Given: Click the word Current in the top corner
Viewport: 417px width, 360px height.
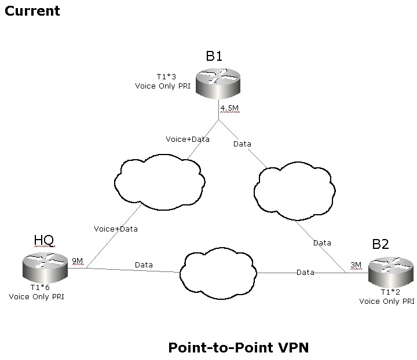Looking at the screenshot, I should (x=32, y=10).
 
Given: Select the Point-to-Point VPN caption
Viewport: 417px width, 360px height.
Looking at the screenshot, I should (x=239, y=347).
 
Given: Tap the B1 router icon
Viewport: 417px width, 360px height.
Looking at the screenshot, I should (x=217, y=83).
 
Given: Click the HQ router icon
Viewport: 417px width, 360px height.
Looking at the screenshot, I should (x=45, y=267).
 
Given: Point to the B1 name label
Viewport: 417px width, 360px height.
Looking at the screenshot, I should (x=214, y=56).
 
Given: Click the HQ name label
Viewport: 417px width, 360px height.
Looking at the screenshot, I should (x=44, y=240).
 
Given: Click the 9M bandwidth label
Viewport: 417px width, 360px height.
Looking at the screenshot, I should (x=77, y=261).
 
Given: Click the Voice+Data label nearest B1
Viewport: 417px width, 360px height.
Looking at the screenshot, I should (x=187, y=139).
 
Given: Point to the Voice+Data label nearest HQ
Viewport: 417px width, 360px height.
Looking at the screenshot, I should (x=116, y=229).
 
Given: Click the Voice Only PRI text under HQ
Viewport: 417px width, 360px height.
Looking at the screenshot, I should (x=36, y=296).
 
